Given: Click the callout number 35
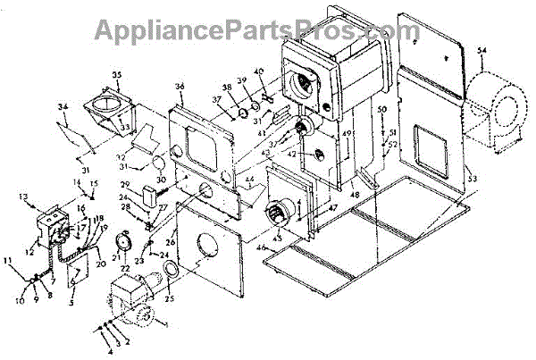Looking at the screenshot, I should point(117,73).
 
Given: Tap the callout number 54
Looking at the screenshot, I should point(482,50).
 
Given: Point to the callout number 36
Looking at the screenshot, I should point(180,86).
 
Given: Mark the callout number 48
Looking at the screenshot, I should point(356,194).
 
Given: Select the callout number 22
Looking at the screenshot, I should point(127,268).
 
